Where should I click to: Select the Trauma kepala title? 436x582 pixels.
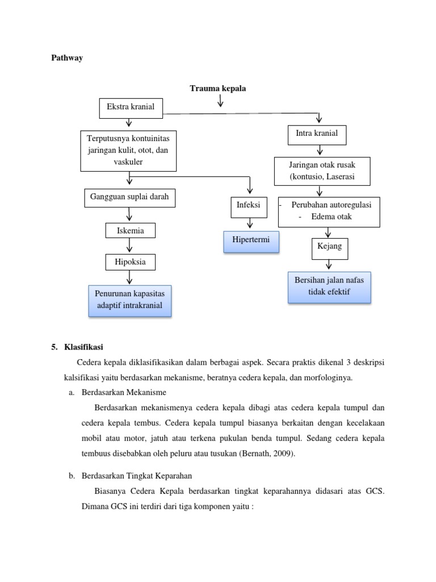click(218, 88)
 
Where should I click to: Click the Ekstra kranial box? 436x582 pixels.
click(131, 107)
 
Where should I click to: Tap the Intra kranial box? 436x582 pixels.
click(316, 134)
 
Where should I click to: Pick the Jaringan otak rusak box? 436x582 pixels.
click(322, 171)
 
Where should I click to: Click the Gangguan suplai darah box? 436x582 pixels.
click(130, 197)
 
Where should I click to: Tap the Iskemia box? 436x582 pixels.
click(130, 231)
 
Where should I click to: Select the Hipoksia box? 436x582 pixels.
click(130, 262)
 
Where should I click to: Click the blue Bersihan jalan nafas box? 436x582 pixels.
click(330, 287)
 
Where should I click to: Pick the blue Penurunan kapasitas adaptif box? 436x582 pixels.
click(129, 300)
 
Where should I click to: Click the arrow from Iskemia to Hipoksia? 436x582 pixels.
click(130, 246)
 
